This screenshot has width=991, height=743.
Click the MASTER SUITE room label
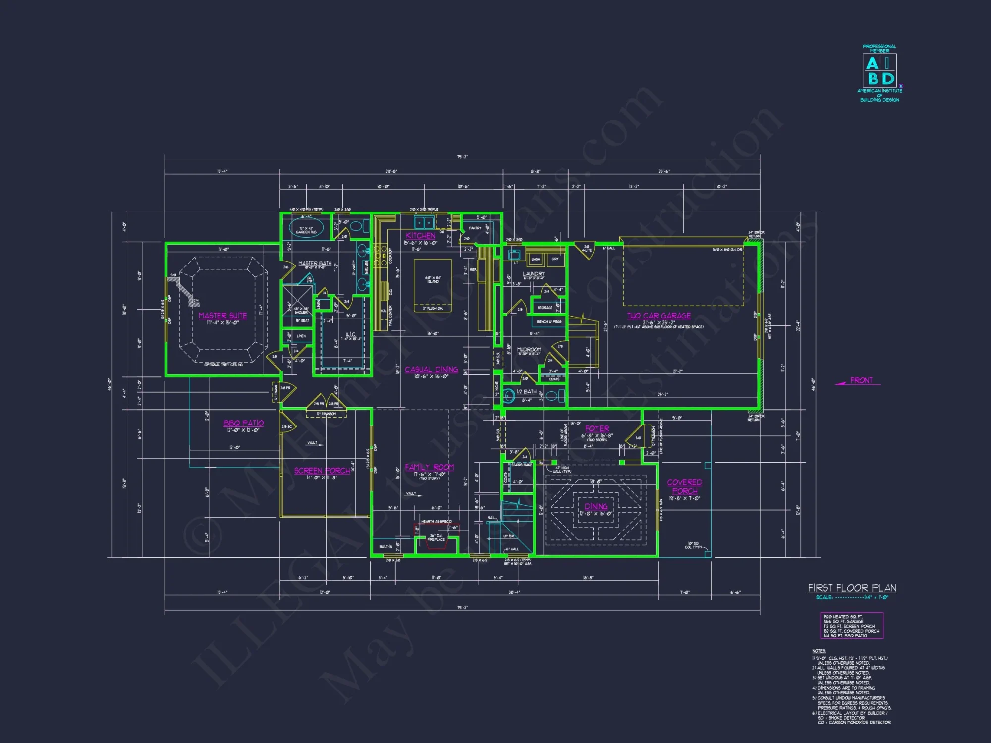pyautogui.click(x=222, y=316)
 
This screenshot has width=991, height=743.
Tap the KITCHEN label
pyautogui.click(x=420, y=236)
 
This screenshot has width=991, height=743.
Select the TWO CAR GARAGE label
pyautogui.click(x=659, y=316)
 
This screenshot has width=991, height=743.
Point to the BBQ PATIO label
pyautogui.click(x=243, y=423)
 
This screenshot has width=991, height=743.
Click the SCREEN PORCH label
pyautogui.click(x=322, y=471)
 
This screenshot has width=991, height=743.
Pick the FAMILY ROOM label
pyautogui.click(x=429, y=467)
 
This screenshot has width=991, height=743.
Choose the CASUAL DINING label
pyautogui.click(x=431, y=370)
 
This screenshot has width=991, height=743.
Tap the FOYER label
pyautogui.click(x=597, y=428)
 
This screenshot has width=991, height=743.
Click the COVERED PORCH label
pyautogui.click(x=684, y=486)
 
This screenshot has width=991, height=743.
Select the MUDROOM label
pyautogui.click(x=529, y=350)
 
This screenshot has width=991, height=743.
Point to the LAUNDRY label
pyautogui.click(x=533, y=274)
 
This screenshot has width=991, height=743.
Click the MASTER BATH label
pyautogui.click(x=315, y=264)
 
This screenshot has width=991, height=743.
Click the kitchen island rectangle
pyautogui.click(x=433, y=285)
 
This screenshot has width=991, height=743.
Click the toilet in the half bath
pyautogui.click(x=556, y=396)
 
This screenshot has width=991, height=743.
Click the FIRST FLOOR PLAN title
pyautogui.click(x=852, y=588)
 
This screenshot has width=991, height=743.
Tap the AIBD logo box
pyautogui.click(x=880, y=71)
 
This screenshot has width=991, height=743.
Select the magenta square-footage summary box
pyautogui.click(x=851, y=626)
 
